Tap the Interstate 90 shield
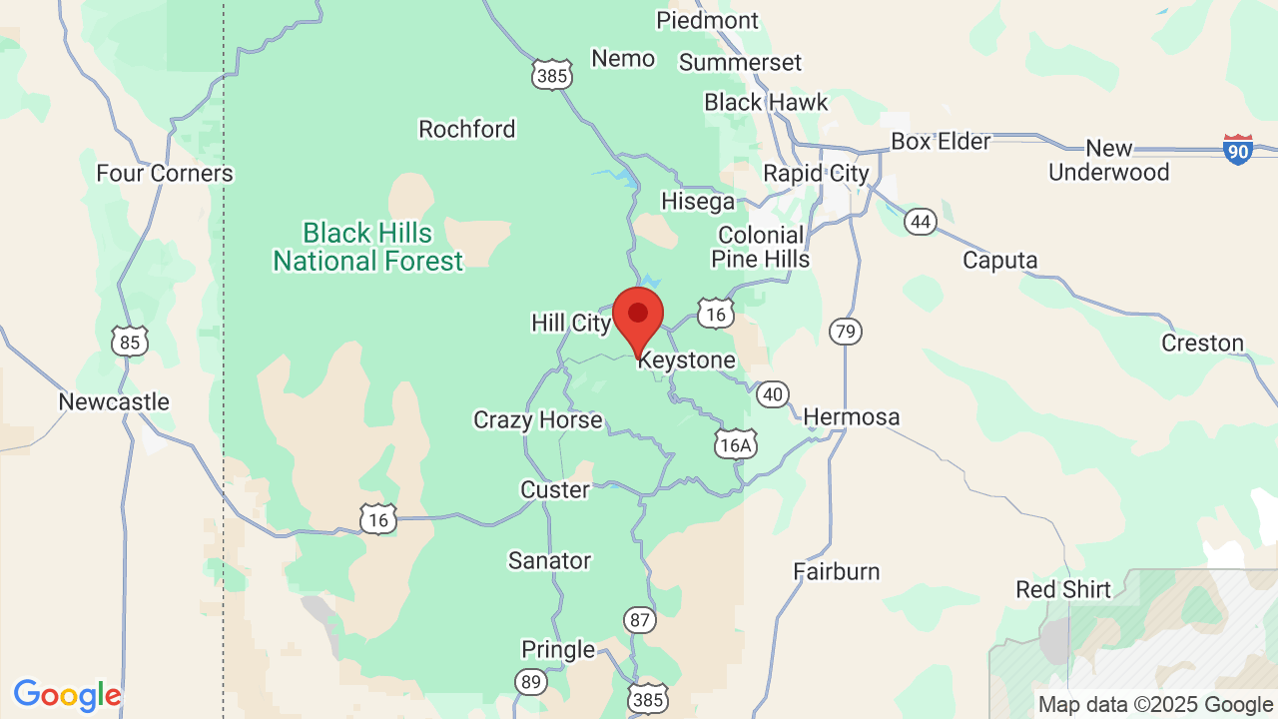(1238, 150)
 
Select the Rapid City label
(816, 173)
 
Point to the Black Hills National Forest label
(368, 247)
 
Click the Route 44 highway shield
(921, 221)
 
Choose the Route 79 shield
(846, 331)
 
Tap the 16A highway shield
(735, 444)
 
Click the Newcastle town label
(114, 401)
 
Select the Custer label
(555, 489)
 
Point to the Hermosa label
(851, 416)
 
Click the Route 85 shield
(130, 343)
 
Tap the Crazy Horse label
(538, 419)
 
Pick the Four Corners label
(165, 173)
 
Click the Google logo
(68, 695)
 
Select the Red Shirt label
(1063, 589)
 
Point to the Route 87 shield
(641, 620)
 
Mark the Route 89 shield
(531, 682)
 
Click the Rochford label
(467, 129)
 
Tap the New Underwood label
(1109, 160)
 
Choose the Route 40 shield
(772, 394)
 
